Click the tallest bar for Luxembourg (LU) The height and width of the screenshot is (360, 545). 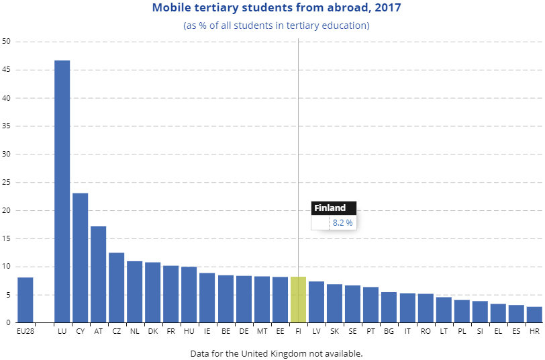point(62,191)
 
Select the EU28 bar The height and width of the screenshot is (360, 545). point(25,300)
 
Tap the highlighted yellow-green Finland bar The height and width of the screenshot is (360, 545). point(298,300)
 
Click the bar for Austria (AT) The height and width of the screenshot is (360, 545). point(98,274)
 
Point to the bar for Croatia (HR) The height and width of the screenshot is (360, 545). point(534,314)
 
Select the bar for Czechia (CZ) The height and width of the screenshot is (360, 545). point(116,287)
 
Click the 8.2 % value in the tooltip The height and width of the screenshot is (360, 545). point(342,222)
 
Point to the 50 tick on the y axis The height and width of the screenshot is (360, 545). point(7,42)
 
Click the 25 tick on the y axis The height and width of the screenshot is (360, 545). point(7,183)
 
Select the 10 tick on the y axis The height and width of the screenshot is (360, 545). point(7,267)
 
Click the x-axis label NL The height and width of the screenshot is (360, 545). point(134,331)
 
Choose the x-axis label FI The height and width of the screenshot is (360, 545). point(298,331)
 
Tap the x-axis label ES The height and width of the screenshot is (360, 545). point(516,331)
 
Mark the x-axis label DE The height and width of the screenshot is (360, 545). point(244,331)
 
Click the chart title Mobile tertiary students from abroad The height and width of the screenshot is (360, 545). point(276,9)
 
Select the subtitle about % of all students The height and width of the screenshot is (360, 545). point(276,26)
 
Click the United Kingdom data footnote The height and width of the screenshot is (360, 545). point(276,353)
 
